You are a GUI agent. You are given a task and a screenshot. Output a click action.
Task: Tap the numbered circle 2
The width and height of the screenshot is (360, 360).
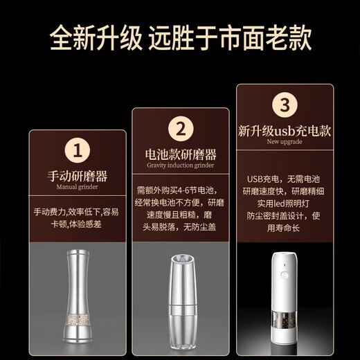(180, 129)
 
